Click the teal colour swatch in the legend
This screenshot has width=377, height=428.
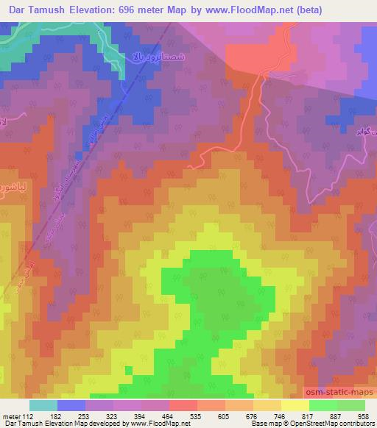43,405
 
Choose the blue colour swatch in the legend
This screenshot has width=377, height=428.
72,405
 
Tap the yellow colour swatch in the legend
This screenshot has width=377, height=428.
295,405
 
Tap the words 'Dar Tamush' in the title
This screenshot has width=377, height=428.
35,10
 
